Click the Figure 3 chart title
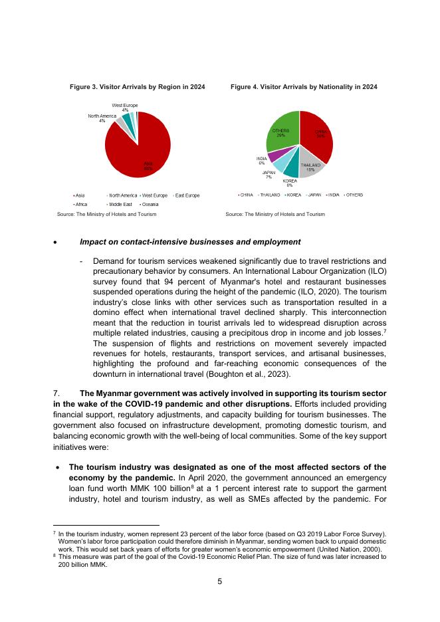pyautogui.click(x=138, y=87)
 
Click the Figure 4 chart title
pyautogui.click(x=304, y=87)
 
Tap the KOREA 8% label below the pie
pyautogui.click(x=290, y=183)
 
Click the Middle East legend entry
pyautogui.click(x=121, y=205)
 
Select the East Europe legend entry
pyautogui.click(x=187, y=195)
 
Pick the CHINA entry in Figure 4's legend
pyautogui.click(x=245, y=195)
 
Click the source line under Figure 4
pyautogui.click(x=275, y=215)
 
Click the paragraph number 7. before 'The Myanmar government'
pyautogui.click(x=56, y=393)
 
